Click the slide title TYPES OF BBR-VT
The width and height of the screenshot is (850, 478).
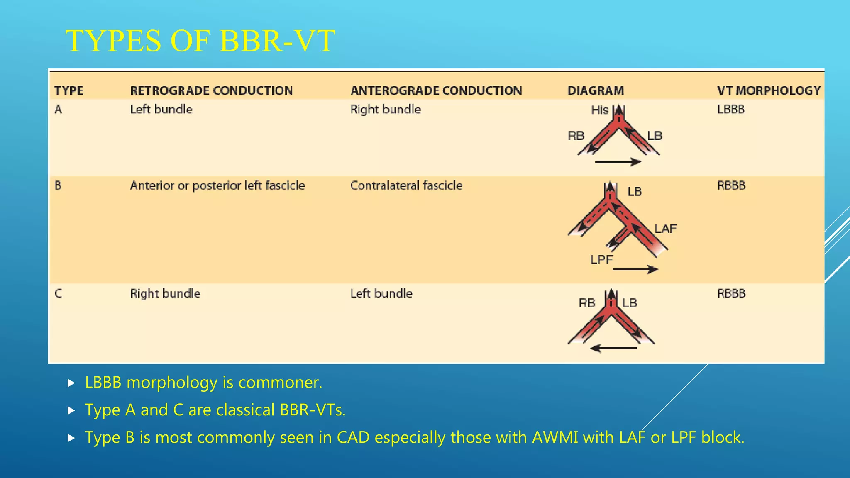pos(200,41)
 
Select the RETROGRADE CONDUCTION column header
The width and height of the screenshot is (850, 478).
pos(211,90)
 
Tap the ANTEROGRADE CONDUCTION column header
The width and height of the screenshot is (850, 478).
pos(436,90)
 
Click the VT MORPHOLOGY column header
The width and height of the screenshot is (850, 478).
pos(769,90)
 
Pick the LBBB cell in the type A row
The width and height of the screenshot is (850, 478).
pos(731,110)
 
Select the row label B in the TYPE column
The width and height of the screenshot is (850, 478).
pos(58,185)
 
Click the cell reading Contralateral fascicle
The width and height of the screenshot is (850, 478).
pos(406,185)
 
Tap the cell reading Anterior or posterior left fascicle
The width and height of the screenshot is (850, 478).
pos(217,185)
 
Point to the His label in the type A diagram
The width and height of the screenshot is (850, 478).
pos(599,110)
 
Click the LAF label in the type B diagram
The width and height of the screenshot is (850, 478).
pos(665,229)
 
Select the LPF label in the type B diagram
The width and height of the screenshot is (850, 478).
pos(601,260)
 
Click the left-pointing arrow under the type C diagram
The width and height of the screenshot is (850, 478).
pos(613,348)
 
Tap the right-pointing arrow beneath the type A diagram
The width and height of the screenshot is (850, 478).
pos(618,162)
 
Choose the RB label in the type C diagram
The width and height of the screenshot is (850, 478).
pos(586,303)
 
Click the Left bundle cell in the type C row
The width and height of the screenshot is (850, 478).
pos(381,294)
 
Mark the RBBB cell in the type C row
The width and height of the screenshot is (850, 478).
pos(731,294)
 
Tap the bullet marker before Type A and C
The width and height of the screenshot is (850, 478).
pos(71,410)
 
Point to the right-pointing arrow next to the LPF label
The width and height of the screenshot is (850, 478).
pos(635,270)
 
